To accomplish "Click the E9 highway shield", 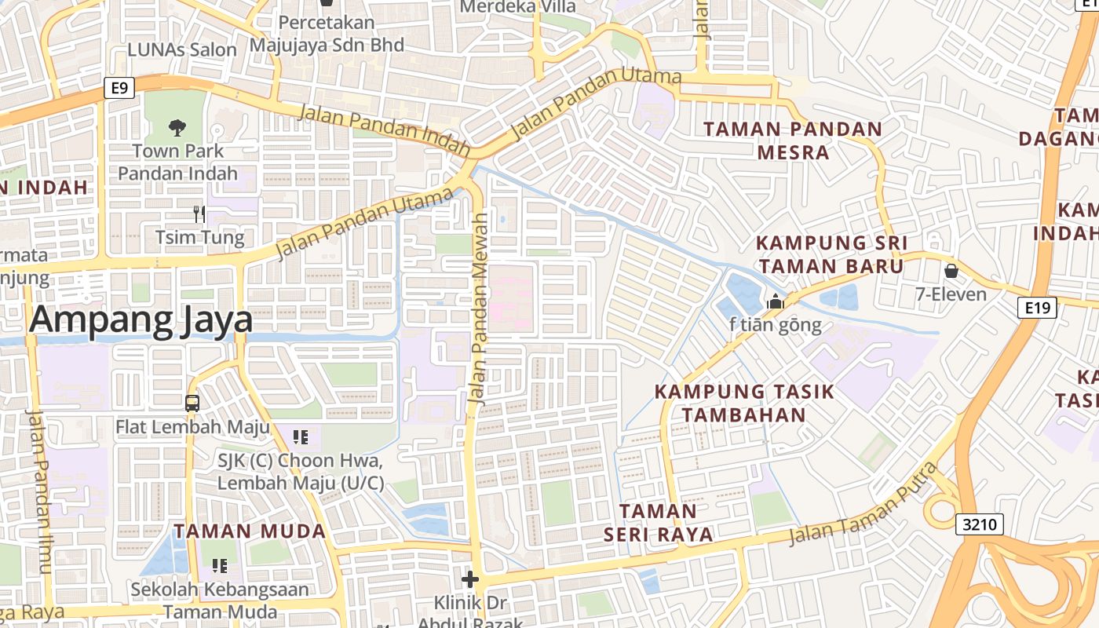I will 119,88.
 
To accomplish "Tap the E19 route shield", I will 1038,308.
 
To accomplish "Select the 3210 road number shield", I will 980,524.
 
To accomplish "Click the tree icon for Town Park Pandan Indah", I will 177,126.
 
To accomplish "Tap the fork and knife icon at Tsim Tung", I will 199,214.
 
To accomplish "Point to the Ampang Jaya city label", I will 141,321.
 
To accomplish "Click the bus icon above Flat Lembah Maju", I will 192,403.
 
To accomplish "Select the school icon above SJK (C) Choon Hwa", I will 300,436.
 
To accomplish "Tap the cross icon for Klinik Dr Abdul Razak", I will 469,580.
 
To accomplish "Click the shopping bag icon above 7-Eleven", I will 951,272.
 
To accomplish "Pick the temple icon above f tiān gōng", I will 776,301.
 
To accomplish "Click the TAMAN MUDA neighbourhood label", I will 250,531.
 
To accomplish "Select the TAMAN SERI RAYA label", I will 658,523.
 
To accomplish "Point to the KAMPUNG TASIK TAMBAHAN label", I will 743,403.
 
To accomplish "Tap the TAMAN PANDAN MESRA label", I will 793,141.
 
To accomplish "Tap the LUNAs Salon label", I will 181,49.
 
